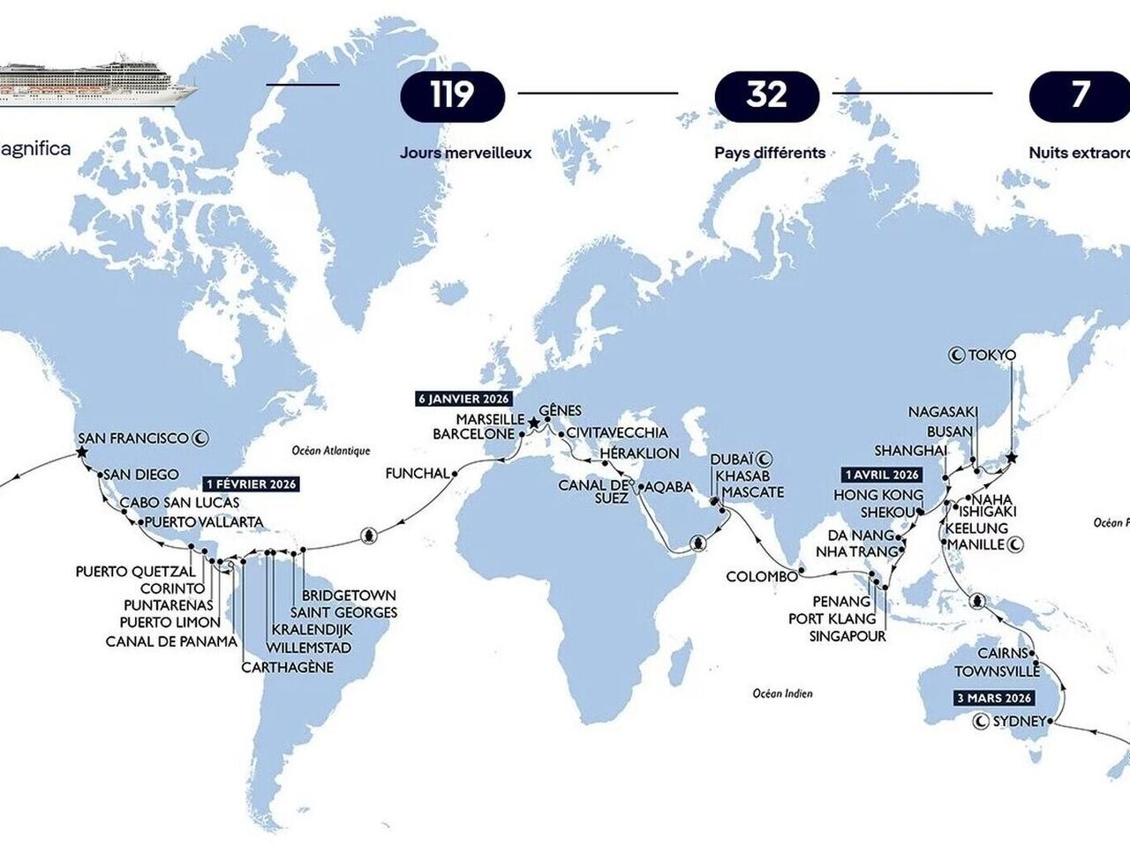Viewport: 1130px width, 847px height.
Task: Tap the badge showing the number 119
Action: click(x=452, y=95)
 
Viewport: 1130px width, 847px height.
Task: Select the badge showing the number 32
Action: click(x=766, y=95)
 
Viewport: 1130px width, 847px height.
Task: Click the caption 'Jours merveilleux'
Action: click(x=465, y=153)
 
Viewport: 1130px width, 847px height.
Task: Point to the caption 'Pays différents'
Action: click(x=770, y=153)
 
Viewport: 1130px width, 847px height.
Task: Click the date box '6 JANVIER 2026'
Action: click(x=463, y=399)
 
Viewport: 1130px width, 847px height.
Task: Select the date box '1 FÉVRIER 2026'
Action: click(x=251, y=483)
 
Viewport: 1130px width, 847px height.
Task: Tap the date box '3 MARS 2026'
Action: click(x=993, y=698)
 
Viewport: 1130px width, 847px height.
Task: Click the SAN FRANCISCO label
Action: click(x=133, y=438)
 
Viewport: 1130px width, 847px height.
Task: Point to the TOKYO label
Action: click(x=991, y=356)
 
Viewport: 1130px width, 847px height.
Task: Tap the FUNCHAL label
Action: click(x=417, y=474)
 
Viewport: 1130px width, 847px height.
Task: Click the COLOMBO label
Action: click(x=760, y=577)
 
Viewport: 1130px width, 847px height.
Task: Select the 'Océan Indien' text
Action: click(x=782, y=693)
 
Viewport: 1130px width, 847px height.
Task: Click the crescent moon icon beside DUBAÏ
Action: click(x=765, y=458)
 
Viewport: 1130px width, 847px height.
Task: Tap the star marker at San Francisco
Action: click(x=81, y=453)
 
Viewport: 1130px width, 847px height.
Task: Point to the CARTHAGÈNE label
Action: click(x=288, y=667)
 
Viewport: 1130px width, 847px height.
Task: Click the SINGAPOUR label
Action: click(x=847, y=635)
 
